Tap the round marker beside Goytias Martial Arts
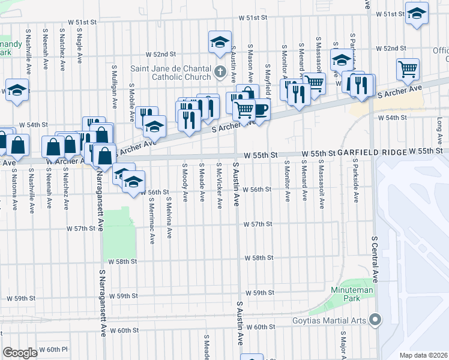pyautogui.click(x=376, y=319)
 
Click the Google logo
pyautogui.click(x=20, y=353)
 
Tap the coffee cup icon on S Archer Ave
pyautogui.click(x=260, y=109)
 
